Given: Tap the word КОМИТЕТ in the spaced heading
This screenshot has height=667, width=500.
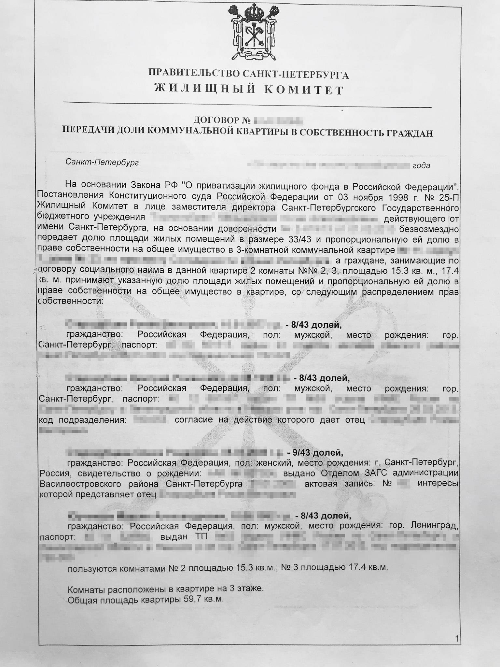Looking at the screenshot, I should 303,89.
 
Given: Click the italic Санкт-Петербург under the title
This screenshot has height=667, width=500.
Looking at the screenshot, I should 102,162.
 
